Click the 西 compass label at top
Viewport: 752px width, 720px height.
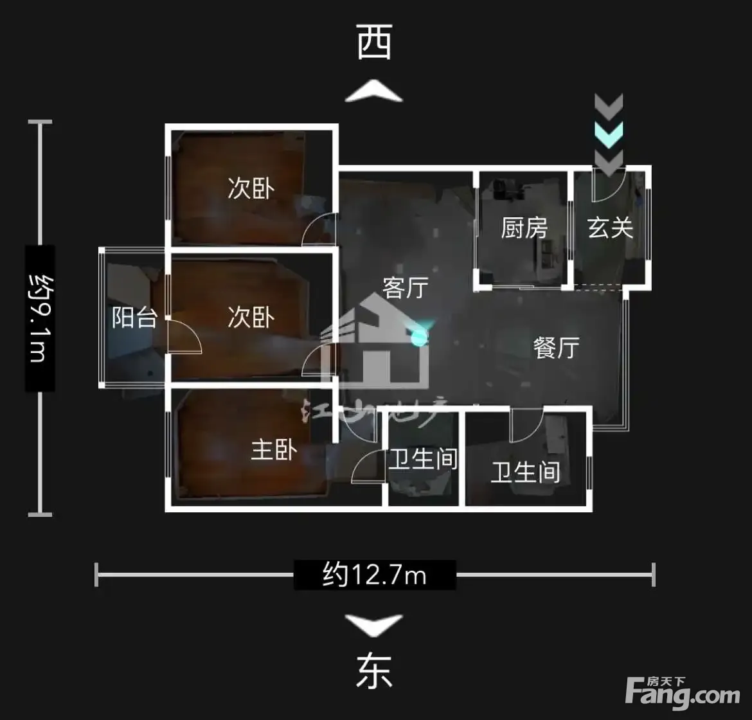coord(375,44)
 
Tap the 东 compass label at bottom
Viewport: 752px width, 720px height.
coord(374,672)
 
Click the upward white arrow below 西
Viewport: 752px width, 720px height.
coord(374,91)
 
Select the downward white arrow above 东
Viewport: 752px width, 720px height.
coord(374,624)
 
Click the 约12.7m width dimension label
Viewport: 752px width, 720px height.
coord(375,574)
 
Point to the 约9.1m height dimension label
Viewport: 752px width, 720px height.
coord(39,318)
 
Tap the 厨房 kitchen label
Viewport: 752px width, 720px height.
coord(524,228)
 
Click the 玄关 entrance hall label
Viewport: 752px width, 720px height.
coord(610,228)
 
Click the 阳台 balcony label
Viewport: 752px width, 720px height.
coord(134,317)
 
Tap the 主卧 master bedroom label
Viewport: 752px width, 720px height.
coord(274,449)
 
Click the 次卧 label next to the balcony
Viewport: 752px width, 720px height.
coord(251,317)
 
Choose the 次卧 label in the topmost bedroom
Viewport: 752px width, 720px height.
coord(251,188)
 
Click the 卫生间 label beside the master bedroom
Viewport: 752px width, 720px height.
coord(422,459)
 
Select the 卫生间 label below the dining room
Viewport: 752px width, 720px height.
coord(525,473)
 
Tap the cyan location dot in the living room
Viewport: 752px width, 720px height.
coord(419,336)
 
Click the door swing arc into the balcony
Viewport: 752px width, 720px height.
coord(186,337)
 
